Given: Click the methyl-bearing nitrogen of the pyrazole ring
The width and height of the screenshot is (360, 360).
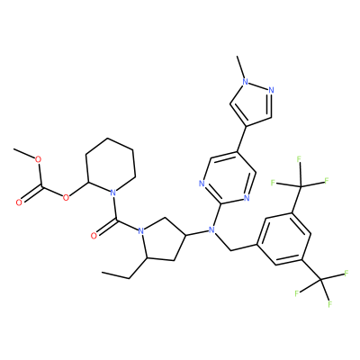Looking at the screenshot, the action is [246, 81].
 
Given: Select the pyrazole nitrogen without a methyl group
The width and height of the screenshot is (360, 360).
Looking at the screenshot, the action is [271, 90].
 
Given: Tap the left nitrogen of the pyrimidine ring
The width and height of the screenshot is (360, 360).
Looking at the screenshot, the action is [202, 184].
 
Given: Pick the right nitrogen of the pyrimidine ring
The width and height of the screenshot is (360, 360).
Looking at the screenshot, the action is [247, 198].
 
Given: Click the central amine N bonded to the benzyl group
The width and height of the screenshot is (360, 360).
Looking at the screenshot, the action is [211, 230].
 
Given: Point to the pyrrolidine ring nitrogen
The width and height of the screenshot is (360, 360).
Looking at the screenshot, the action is [140, 231].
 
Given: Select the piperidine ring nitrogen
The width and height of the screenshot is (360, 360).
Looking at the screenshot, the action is [112, 193].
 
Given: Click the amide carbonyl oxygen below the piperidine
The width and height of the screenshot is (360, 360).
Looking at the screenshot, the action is [94, 236].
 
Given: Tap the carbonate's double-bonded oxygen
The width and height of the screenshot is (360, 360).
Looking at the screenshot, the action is [19, 202].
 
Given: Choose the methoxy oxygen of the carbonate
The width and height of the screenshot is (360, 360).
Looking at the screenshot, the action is [38, 159].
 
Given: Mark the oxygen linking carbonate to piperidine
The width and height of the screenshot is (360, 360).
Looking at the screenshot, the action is [66, 197].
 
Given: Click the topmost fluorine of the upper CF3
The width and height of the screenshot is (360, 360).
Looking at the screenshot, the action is [299, 159].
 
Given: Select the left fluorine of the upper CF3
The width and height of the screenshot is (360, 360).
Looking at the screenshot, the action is [273, 182].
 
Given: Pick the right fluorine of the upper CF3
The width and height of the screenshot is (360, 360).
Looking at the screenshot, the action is [327, 180].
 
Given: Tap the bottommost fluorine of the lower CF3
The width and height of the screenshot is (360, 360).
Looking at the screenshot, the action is [329, 304].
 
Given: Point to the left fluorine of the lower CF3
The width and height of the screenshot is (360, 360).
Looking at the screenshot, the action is [297, 293].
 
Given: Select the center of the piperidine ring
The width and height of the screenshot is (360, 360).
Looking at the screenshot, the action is [110, 166].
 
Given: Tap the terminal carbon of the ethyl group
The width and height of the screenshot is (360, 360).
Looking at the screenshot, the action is [103, 273].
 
